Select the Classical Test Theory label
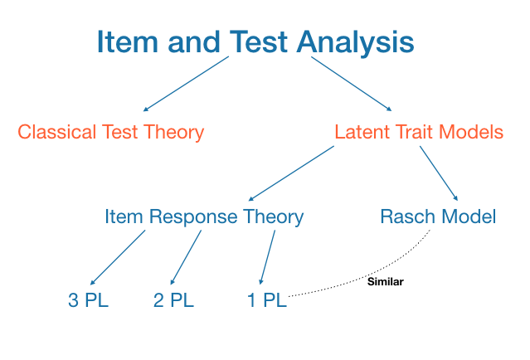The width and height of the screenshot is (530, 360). click(111, 131)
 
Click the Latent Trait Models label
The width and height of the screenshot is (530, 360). click(419, 131)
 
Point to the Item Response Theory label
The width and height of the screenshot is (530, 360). click(204, 217)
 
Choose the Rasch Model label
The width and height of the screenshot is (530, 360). click(438, 217)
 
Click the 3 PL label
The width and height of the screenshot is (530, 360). click(88, 300)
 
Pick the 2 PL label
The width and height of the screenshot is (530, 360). click(174, 300)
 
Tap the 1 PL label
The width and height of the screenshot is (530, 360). click(266, 300)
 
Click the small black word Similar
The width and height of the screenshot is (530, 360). click(385, 282)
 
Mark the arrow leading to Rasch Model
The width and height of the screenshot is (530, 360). click(439, 173)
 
